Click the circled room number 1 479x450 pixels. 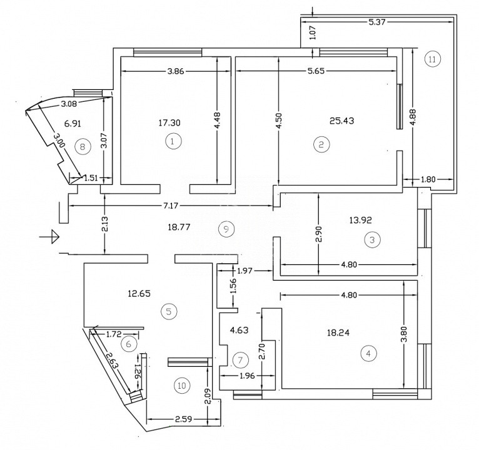pos(173,142)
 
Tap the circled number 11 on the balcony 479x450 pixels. pos(432,59)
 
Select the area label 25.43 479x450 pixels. pos(341,121)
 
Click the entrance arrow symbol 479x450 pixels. pos(49,236)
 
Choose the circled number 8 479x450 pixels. pos(81,147)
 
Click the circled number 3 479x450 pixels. pos(371,239)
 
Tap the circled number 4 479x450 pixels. pos(369,353)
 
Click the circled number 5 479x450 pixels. pos(167,310)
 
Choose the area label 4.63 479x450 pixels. pos(239,331)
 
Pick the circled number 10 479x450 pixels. pos(181,386)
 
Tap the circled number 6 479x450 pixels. pos(128,343)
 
